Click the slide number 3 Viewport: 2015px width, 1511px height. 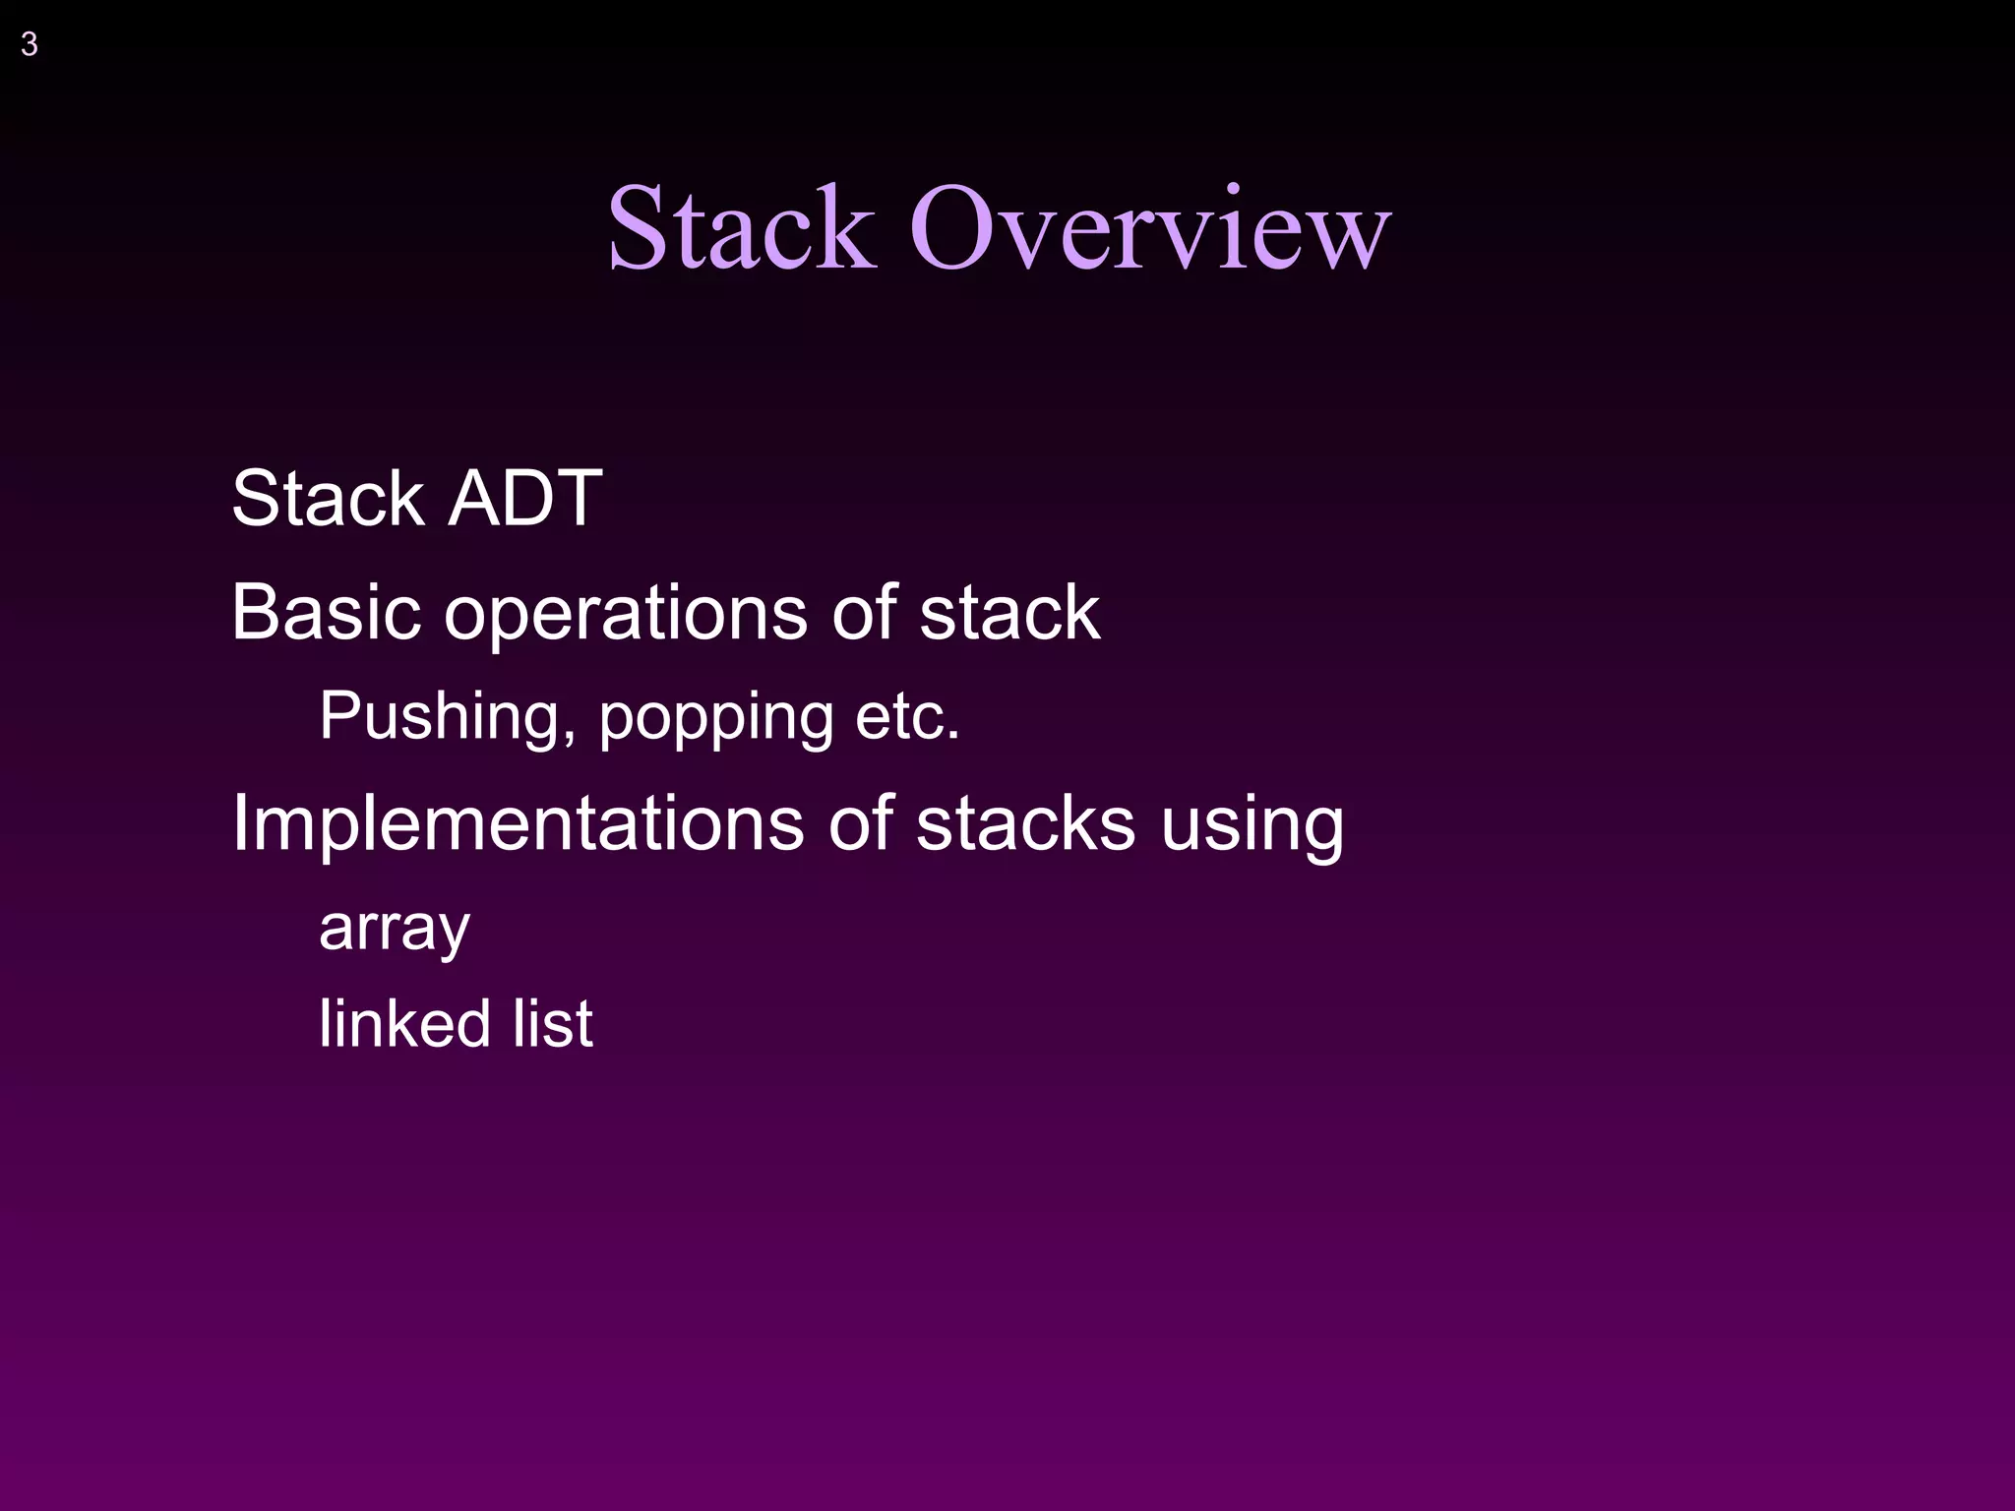(30, 45)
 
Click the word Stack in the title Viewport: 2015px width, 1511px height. (741, 228)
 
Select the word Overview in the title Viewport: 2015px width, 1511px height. (1149, 228)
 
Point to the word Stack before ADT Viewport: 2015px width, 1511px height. (328, 499)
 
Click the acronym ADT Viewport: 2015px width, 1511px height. (525, 499)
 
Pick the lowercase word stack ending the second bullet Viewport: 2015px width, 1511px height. (1009, 613)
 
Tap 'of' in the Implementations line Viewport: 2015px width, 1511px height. (861, 824)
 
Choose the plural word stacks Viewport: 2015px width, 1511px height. (1025, 824)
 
